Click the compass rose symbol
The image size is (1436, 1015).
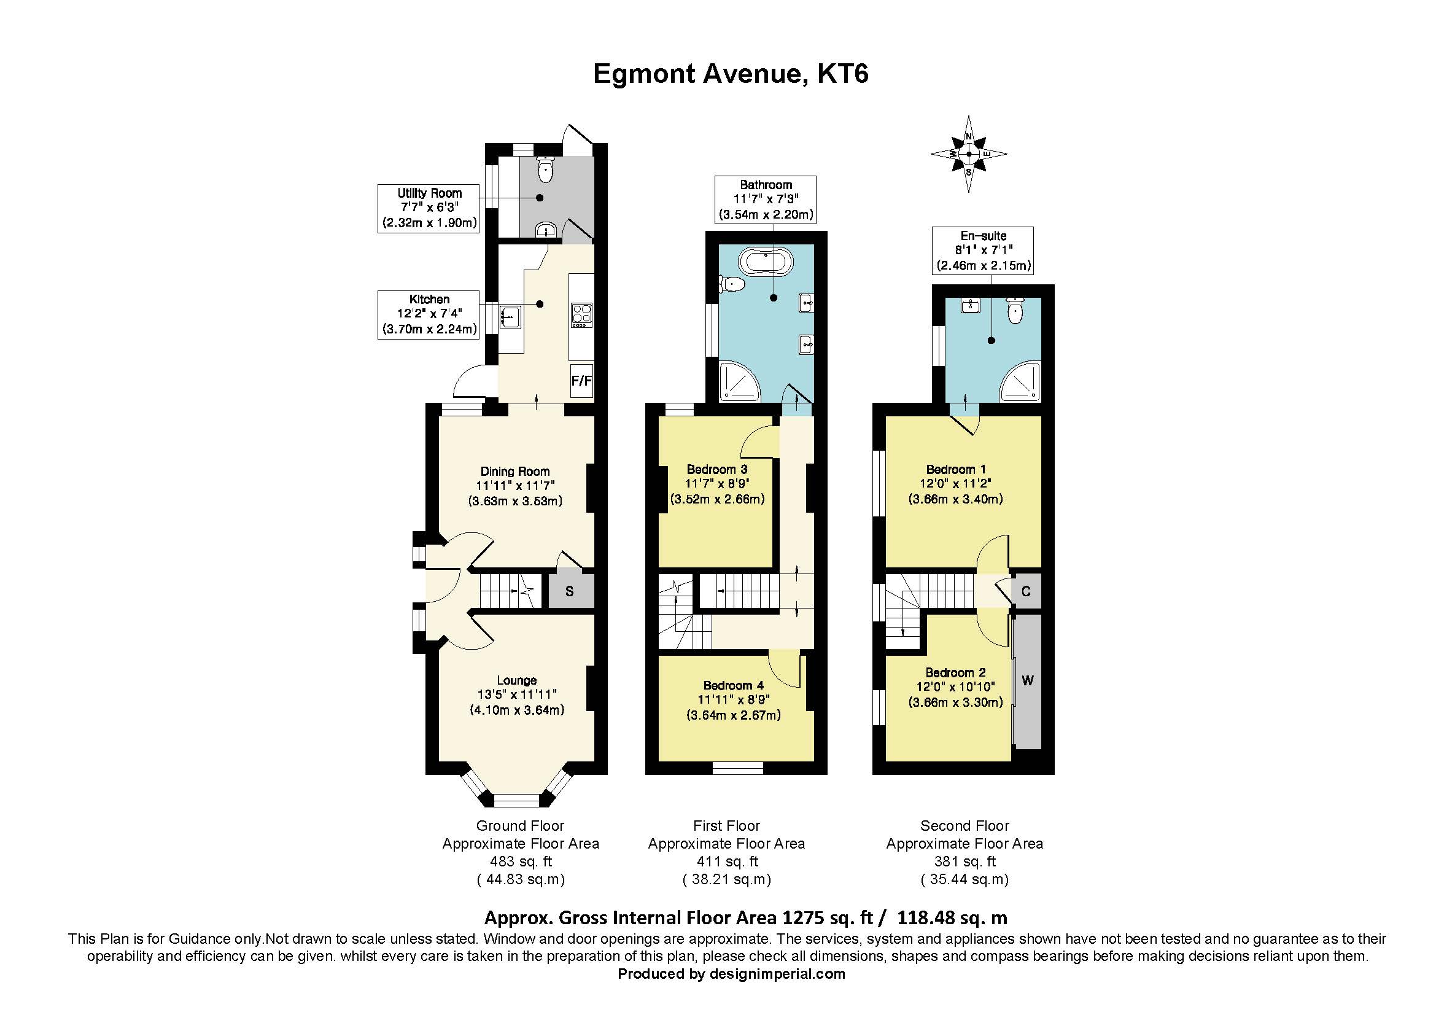968,154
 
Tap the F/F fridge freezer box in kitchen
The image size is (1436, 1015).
581,380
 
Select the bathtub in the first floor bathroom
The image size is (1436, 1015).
766,262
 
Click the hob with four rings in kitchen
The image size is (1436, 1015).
581,314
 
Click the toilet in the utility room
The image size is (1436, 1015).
546,169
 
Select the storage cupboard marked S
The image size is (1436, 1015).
570,591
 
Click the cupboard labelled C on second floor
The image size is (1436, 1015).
1026,591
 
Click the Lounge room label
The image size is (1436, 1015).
516,680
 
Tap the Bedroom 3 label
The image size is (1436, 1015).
716,469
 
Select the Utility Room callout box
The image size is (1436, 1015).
429,208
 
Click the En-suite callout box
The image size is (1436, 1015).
982,250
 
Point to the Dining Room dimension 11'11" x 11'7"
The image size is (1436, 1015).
515,486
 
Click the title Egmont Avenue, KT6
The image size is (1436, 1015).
730,74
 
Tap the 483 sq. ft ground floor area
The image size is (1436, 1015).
521,861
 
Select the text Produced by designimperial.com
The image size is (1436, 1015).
731,974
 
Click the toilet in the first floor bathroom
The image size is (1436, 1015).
732,284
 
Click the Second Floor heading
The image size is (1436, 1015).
964,825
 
